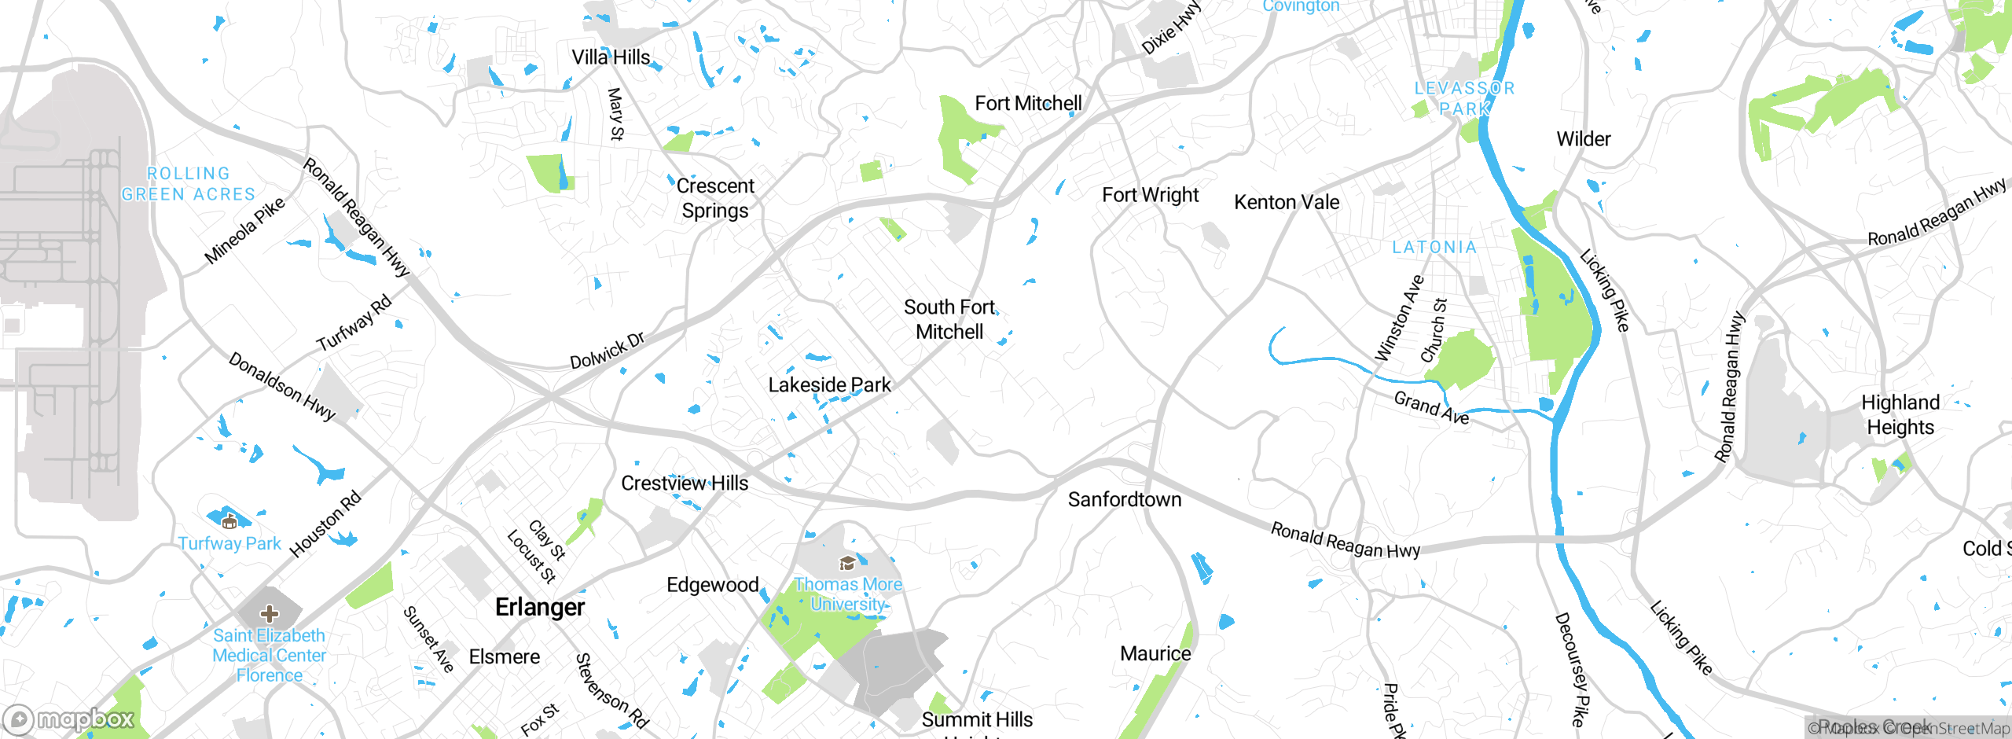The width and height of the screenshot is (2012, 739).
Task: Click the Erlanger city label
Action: (x=540, y=607)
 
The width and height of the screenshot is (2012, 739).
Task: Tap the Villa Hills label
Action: (x=611, y=57)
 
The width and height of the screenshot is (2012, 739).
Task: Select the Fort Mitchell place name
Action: (x=1028, y=104)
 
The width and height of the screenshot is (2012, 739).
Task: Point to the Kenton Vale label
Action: (x=1287, y=202)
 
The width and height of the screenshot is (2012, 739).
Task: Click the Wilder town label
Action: (x=1583, y=139)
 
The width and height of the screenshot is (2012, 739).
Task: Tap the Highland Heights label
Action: (x=1900, y=415)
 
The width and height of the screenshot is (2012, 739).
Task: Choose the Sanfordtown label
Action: (x=1124, y=499)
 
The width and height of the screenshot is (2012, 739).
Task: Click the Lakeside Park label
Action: (x=829, y=385)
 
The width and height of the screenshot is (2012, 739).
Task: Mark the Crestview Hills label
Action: (x=685, y=483)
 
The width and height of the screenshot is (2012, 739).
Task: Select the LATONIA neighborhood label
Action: (x=1434, y=248)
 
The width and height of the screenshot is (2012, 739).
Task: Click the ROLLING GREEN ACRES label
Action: (x=189, y=184)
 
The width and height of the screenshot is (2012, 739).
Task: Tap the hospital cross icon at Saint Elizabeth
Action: (x=270, y=613)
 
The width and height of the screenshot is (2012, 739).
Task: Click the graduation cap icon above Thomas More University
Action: (x=847, y=563)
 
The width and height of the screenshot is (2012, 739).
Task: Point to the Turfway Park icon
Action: (x=229, y=520)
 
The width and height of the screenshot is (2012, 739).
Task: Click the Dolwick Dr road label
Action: (x=607, y=351)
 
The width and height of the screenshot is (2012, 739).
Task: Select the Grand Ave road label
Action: (x=1431, y=408)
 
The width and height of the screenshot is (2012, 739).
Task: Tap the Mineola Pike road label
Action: (x=244, y=231)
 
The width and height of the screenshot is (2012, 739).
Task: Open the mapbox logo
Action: (x=69, y=719)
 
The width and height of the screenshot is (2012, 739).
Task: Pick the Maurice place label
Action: (x=1155, y=654)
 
